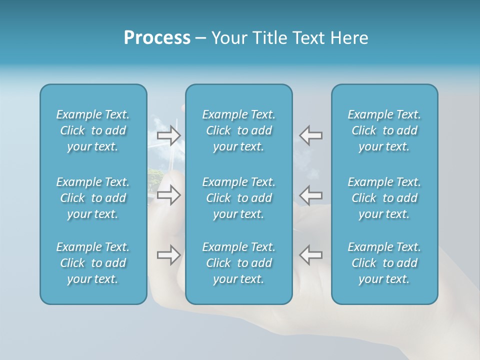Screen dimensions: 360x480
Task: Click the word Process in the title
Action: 157,38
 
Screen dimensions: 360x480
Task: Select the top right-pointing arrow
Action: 168,135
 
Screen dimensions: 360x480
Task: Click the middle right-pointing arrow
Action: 168,195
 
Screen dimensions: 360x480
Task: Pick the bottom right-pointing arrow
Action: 168,255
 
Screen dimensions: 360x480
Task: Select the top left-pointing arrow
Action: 310,135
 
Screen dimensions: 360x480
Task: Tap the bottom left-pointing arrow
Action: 310,254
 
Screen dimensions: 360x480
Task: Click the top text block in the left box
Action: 93,130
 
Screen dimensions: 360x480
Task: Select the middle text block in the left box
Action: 93,198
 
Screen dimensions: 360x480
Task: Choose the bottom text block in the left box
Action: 93,263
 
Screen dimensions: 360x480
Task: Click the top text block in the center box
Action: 238,130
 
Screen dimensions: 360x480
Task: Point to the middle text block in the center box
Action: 238,198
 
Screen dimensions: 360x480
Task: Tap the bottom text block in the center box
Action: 238,263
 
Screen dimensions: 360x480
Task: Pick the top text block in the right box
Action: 384,130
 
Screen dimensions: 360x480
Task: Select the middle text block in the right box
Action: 384,198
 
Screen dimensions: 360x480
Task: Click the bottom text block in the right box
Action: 384,263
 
